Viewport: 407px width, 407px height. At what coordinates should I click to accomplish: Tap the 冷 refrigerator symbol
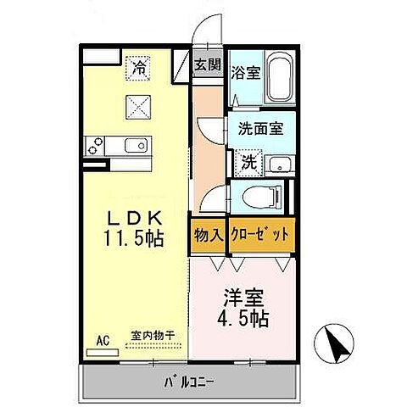pos(137,64)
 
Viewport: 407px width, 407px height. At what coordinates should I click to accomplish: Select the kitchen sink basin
pos(136,146)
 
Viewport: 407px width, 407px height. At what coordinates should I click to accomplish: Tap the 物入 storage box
pos(206,234)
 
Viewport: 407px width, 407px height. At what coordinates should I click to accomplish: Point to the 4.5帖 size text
pos(243,320)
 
